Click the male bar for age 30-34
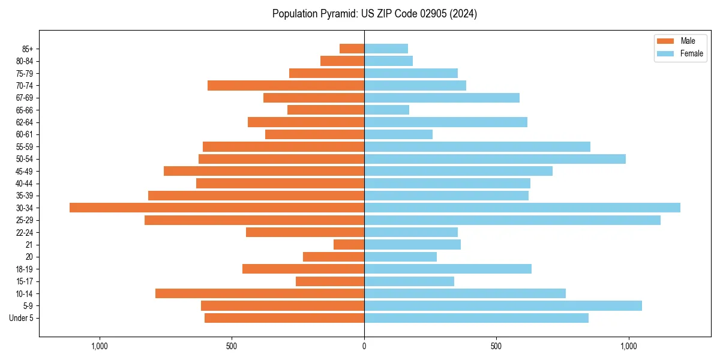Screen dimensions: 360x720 [217, 208]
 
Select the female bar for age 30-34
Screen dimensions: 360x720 [522, 208]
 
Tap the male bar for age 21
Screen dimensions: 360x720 [349, 244]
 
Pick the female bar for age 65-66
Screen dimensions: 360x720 [386, 110]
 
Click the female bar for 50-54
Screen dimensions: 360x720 [494, 159]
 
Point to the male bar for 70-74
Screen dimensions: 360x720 [286, 85]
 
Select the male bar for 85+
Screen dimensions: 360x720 [352, 49]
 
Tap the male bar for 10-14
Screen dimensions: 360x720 [259, 293]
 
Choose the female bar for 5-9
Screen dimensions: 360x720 [503, 305]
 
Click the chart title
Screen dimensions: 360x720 [374, 14]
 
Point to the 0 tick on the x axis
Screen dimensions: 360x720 [364, 346]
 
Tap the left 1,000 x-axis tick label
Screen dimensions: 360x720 [100, 346]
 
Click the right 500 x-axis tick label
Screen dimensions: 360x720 [496, 346]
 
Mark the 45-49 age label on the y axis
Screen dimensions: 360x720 [24, 171]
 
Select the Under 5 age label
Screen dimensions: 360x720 [21, 318]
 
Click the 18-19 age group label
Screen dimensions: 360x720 [24, 269]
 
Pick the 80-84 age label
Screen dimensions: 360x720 [24, 61]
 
